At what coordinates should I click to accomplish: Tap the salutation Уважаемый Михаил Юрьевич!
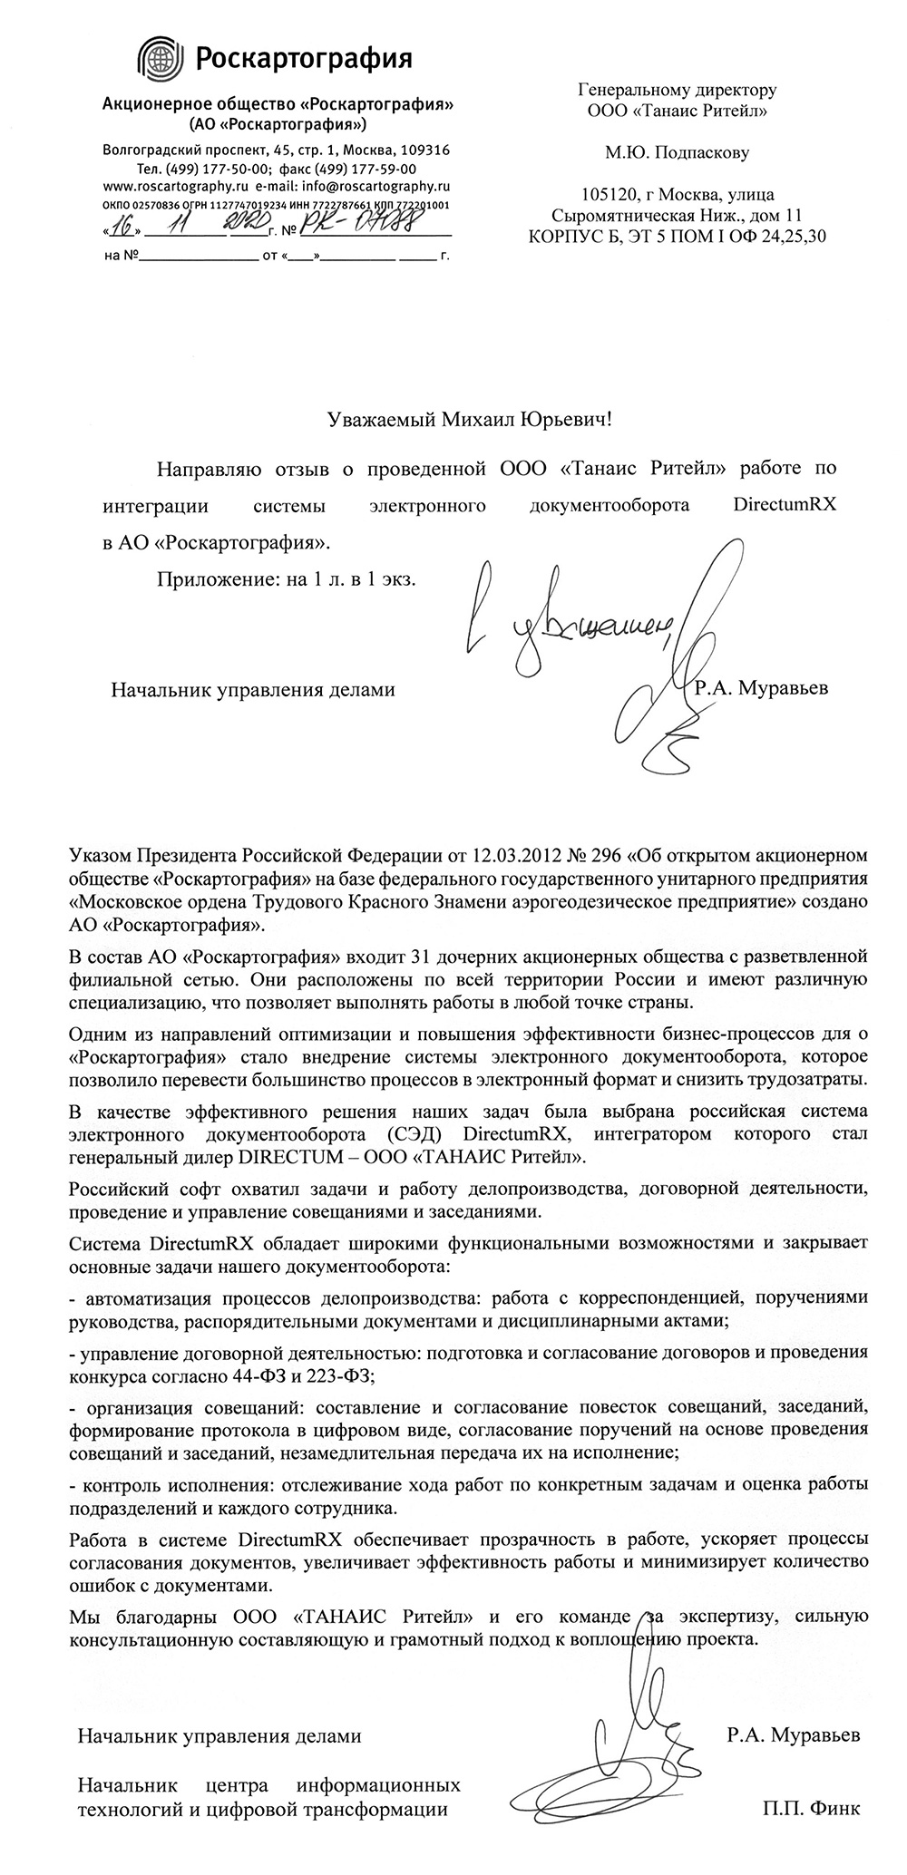(463, 420)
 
